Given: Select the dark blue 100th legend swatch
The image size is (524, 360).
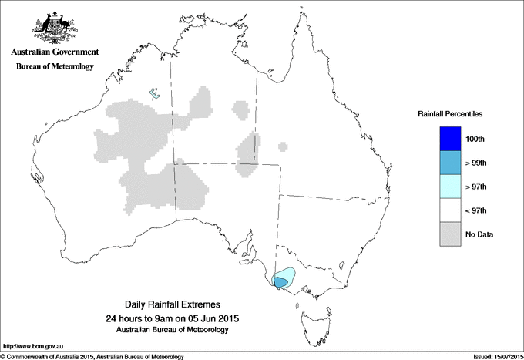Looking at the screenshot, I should click(450, 139).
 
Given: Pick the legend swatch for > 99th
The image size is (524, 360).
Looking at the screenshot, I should click(450, 163).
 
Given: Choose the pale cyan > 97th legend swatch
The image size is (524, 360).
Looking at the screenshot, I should click(450, 187).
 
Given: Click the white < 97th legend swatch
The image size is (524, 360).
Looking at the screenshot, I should click(450, 210).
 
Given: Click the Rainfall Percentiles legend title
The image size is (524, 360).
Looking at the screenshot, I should click(450, 113).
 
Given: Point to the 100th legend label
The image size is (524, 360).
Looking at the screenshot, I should click(475, 139).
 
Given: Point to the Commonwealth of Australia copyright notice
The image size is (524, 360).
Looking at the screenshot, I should click(92, 355).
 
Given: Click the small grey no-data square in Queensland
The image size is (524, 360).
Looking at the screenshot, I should click(284, 145).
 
